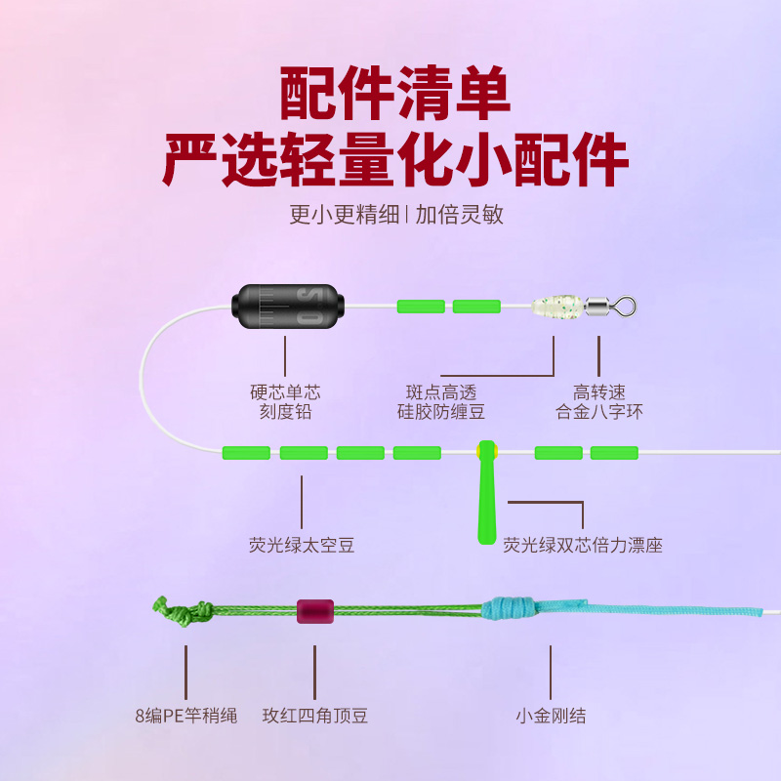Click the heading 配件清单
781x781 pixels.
point(394,94)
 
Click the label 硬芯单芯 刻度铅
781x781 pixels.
point(285,402)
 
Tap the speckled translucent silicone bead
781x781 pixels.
point(555,306)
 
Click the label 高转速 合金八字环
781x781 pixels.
point(599,402)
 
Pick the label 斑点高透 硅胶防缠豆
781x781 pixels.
point(441,402)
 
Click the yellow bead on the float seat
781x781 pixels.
point(486,452)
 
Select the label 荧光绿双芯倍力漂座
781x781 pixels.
point(583,545)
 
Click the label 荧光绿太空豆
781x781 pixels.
point(302,545)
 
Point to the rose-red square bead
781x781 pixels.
point(315,611)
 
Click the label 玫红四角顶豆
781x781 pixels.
point(315,716)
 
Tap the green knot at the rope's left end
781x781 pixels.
point(181,612)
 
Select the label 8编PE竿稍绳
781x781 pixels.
point(186,716)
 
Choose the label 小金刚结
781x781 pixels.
point(551,716)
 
